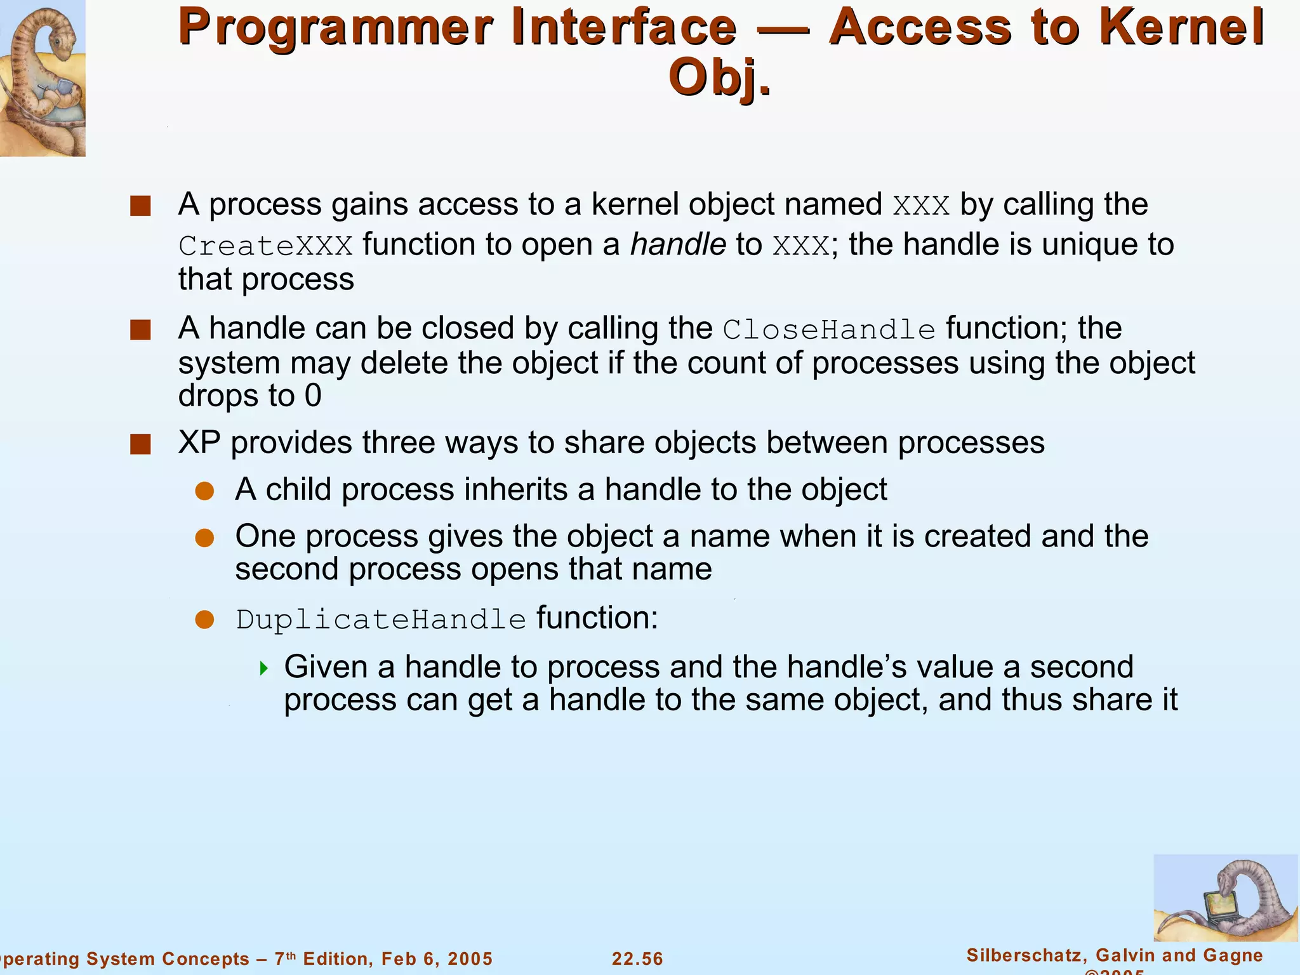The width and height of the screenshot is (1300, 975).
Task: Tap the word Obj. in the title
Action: (720, 78)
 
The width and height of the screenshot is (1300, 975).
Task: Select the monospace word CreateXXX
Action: (265, 246)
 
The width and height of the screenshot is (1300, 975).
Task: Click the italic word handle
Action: (678, 245)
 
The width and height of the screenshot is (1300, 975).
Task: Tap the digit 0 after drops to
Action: (313, 396)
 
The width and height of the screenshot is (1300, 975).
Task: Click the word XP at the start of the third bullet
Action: (199, 442)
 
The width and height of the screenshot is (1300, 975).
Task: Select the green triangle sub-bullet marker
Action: (264, 668)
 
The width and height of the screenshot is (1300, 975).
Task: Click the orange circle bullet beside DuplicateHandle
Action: (204, 620)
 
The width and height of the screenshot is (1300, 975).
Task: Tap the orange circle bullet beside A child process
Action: (204, 491)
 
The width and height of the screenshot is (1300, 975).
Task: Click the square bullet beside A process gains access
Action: (140, 206)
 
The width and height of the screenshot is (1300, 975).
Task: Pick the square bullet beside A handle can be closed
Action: (140, 330)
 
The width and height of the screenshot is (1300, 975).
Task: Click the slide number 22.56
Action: (637, 958)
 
